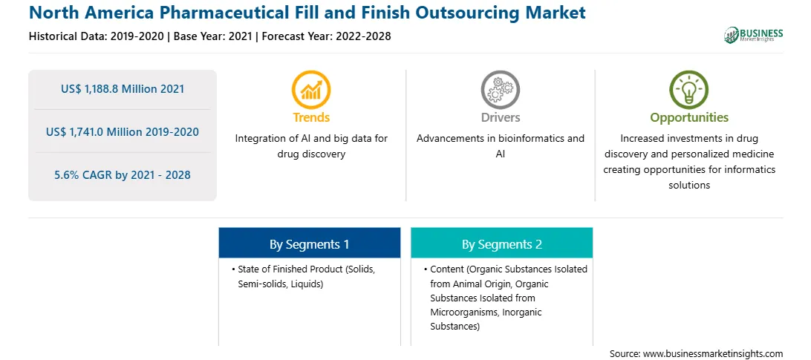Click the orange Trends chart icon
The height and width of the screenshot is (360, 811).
click(311, 90)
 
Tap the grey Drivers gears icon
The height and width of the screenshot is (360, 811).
click(500, 90)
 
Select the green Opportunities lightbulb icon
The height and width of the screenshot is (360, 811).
click(689, 90)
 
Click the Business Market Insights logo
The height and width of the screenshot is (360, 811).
click(754, 35)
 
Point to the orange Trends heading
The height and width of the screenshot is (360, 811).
click(311, 117)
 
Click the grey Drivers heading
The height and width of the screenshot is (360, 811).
click(501, 117)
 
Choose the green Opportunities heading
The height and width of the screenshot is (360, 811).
click(689, 117)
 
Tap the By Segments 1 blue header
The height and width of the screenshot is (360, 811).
click(309, 243)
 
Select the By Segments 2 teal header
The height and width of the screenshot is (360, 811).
click(502, 243)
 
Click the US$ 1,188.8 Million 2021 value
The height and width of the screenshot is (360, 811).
click(123, 89)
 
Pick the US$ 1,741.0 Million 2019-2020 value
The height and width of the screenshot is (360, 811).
click(123, 132)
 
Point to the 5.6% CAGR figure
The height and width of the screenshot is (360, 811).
click(123, 175)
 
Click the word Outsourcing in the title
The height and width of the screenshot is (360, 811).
click(490, 13)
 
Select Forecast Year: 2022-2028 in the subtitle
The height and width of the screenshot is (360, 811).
click(325, 36)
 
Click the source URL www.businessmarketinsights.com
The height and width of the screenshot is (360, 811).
click(713, 354)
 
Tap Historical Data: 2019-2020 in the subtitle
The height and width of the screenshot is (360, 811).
click(97, 36)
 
